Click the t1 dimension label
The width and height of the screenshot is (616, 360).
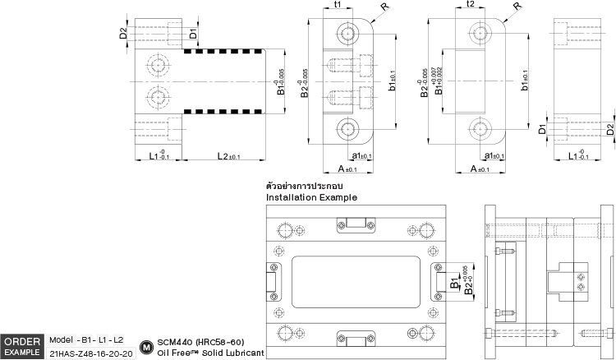[x=338, y=5]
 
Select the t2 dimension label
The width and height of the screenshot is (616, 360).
[x=470, y=5]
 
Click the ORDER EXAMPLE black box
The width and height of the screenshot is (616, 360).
[x=22, y=346]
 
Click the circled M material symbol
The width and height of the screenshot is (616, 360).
[x=147, y=347]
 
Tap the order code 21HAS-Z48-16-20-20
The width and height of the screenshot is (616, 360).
[x=90, y=353]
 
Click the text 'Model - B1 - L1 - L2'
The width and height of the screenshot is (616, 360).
[x=86, y=339]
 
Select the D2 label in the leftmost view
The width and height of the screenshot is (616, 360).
[x=123, y=34]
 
